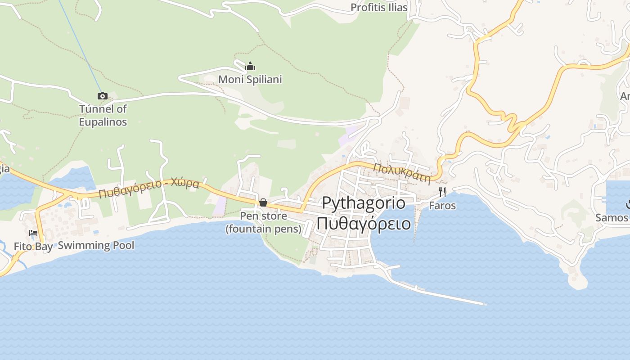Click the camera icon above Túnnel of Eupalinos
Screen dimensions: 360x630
pos(103,96)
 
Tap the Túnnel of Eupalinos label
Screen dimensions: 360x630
pos(103,116)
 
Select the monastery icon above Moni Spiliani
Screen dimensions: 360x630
pos(250,67)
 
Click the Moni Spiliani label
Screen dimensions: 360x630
pos(250,80)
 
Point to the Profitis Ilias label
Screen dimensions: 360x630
pos(379,7)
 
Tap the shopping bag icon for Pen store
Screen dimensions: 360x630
pos(263,203)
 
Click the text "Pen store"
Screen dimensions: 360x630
pos(263,216)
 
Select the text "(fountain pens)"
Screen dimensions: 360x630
pos(263,229)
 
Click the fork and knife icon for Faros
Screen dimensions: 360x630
pos(442,193)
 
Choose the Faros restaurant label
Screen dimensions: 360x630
pos(442,206)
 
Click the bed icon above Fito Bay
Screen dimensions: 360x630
pos(33,233)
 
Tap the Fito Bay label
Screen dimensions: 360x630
pos(33,246)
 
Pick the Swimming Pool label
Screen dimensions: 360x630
pos(96,245)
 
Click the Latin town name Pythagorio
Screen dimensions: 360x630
pos(364,203)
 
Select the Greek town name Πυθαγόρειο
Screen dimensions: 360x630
pos(364,223)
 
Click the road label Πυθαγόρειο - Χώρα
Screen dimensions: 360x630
pos(149,189)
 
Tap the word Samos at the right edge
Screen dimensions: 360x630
pos(612,218)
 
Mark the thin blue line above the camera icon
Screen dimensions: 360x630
pos(81,45)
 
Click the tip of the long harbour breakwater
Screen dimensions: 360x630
pos(485,304)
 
